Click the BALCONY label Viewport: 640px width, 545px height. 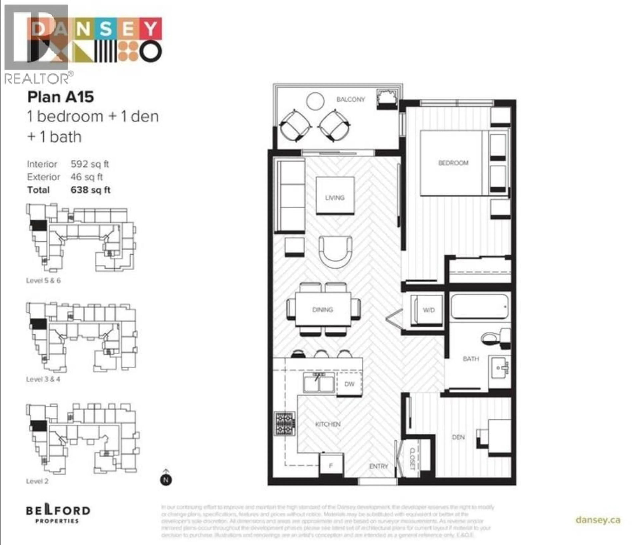[350, 99]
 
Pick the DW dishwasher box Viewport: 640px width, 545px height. [349, 384]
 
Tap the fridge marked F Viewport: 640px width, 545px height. [331, 465]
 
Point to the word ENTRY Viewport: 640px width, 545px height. [378, 466]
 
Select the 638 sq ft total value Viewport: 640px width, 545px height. [90, 190]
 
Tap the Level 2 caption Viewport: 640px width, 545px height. [37, 481]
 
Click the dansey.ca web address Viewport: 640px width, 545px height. [598, 520]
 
